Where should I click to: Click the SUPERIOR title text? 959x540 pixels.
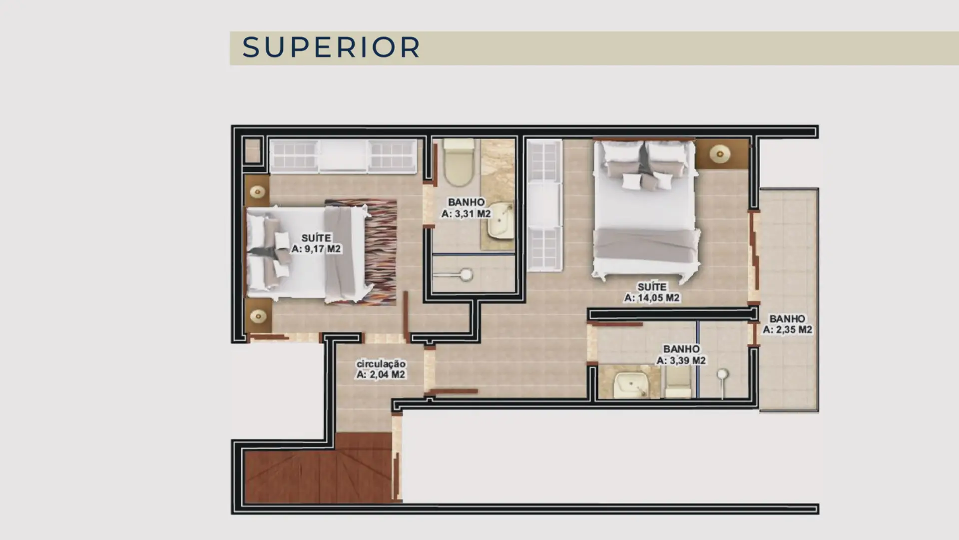[331, 47]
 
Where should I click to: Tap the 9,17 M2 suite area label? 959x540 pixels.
[316, 243]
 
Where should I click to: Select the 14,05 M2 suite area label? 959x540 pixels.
[652, 292]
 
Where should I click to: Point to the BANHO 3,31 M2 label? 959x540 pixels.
[466, 208]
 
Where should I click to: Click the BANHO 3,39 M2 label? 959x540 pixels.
[681, 354]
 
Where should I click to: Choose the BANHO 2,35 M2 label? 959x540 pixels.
[787, 324]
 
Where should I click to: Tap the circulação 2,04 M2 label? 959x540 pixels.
[381, 369]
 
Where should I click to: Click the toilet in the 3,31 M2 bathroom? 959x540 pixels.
[459, 162]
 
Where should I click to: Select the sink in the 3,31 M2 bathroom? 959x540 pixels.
[501, 220]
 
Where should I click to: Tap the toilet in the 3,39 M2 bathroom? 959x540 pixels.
[678, 383]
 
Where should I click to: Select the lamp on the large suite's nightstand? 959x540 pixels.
[720, 154]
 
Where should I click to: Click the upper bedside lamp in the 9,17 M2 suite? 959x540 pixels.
[258, 191]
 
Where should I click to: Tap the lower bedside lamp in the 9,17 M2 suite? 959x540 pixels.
[258, 316]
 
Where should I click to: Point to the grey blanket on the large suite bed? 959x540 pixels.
[646, 245]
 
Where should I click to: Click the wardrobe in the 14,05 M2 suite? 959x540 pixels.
[544, 205]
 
